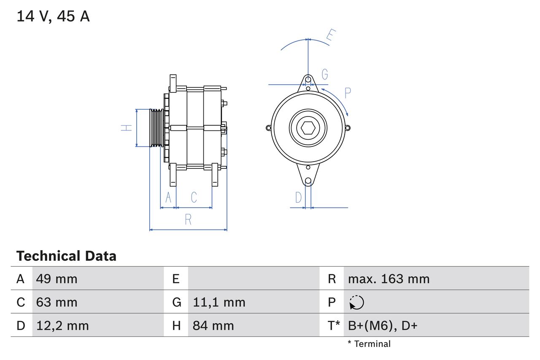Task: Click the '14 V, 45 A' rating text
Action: (x=53, y=16)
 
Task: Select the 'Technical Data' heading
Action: (x=66, y=256)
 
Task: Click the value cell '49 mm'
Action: (x=57, y=279)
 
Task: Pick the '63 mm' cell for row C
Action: (x=57, y=302)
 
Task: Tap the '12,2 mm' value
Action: (x=62, y=325)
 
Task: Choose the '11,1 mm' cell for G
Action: (x=219, y=302)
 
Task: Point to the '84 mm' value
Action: (x=213, y=325)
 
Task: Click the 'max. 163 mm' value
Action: (x=389, y=279)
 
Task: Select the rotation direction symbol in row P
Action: (x=356, y=302)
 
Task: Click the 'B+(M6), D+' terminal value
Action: (x=382, y=325)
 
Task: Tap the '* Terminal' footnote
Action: (x=369, y=344)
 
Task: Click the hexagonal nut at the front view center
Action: (x=308, y=128)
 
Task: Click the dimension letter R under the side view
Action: (x=188, y=219)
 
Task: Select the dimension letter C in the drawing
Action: (x=194, y=197)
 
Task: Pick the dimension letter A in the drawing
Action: (x=168, y=197)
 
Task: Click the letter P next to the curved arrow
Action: (x=347, y=93)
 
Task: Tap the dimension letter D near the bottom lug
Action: (x=298, y=197)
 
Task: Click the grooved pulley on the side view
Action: (x=157, y=128)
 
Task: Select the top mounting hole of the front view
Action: (x=308, y=79)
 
